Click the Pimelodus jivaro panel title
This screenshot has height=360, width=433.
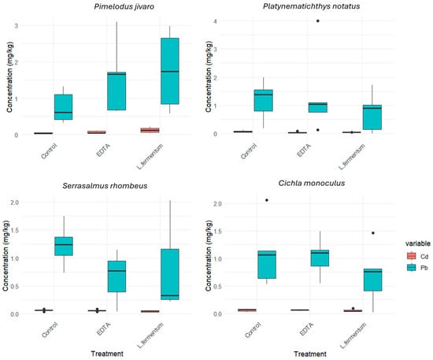[124, 6]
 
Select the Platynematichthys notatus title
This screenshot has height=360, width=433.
[311, 6]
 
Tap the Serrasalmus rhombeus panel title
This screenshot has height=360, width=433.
[105, 186]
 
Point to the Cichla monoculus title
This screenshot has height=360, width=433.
[312, 183]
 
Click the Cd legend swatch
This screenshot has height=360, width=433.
[411, 256]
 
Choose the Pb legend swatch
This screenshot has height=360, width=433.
[411, 268]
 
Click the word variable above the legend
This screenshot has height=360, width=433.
[418, 243]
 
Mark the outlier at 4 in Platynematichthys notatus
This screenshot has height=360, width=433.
[318, 20]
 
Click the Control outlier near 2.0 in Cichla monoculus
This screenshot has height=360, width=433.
[267, 200]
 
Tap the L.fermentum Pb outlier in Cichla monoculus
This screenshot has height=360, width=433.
[373, 233]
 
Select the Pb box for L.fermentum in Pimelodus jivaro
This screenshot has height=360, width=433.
[170, 71]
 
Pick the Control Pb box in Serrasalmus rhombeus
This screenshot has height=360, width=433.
[64, 246]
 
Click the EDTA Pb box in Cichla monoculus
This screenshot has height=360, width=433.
[320, 258]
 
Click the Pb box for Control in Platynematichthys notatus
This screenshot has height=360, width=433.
[264, 100]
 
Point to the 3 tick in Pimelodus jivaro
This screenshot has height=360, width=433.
[17, 26]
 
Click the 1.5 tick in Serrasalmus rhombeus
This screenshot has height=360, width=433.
[13, 231]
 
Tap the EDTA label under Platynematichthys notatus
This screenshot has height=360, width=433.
[304, 150]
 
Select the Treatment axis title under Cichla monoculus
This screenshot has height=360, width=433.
[310, 354]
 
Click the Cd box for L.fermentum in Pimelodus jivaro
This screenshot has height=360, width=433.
[150, 130]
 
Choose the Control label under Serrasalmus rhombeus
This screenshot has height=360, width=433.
[50, 330]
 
